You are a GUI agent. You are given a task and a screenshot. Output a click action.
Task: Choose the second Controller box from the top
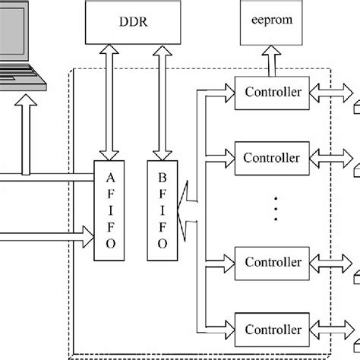272,159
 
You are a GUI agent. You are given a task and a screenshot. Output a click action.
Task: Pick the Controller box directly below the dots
272,263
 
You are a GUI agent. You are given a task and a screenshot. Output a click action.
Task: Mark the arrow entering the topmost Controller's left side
220,94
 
